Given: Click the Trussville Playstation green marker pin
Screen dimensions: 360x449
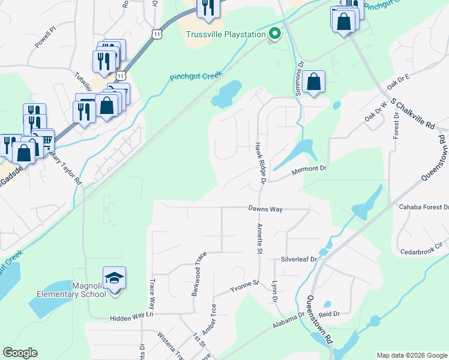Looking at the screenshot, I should [x=276, y=34].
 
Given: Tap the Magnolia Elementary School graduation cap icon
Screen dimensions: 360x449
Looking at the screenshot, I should [x=114, y=278].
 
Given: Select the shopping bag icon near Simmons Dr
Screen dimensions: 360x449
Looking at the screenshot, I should [x=314, y=82].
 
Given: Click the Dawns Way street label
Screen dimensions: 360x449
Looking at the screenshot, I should [x=265, y=209].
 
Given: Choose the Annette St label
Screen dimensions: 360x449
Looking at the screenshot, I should [x=260, y=239].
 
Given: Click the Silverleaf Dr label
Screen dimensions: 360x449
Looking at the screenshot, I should [x=298, y=260].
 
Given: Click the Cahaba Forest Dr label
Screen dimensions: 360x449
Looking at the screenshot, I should [x=424, y=207].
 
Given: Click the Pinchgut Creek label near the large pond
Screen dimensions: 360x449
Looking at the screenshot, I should [x=196, y=77].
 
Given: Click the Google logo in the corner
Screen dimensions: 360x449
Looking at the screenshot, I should [x=20, y=353].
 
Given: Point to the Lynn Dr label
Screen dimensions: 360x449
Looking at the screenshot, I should [x=274, y=291].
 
